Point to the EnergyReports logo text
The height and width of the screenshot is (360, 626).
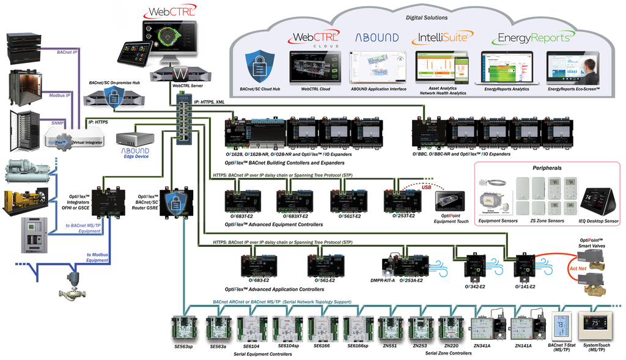pos(531,38)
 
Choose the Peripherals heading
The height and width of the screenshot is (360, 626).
pos(546,167)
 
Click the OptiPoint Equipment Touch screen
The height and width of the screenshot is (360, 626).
pos(449,202)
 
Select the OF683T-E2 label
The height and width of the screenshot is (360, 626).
pos(243,216)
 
